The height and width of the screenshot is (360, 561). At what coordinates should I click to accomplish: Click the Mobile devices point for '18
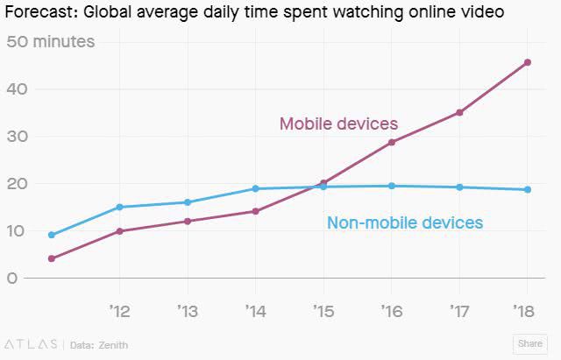527,62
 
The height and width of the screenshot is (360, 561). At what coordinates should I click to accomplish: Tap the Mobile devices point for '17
459,112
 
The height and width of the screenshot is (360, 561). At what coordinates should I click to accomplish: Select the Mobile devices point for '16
391,142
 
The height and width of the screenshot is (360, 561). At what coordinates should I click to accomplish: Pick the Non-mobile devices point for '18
527,189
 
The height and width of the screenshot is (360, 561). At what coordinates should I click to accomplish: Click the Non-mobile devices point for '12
119,207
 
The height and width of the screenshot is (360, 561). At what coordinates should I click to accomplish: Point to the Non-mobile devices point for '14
255,188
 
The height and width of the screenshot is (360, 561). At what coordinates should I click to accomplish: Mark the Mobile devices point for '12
119,231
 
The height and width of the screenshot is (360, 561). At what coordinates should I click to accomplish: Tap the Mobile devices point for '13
187,221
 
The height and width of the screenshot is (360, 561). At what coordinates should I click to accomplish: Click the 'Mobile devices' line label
338,124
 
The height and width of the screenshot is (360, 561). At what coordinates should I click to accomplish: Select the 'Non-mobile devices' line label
404,222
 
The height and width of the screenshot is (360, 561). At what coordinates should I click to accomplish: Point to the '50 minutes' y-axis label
51,42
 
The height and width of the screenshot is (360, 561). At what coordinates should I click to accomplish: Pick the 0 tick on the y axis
12,279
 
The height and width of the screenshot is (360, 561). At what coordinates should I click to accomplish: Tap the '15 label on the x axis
323,310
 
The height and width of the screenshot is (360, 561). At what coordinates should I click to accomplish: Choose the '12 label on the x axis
119,310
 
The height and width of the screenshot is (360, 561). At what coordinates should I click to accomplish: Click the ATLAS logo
32,344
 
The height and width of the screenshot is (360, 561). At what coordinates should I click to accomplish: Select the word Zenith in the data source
112,344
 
